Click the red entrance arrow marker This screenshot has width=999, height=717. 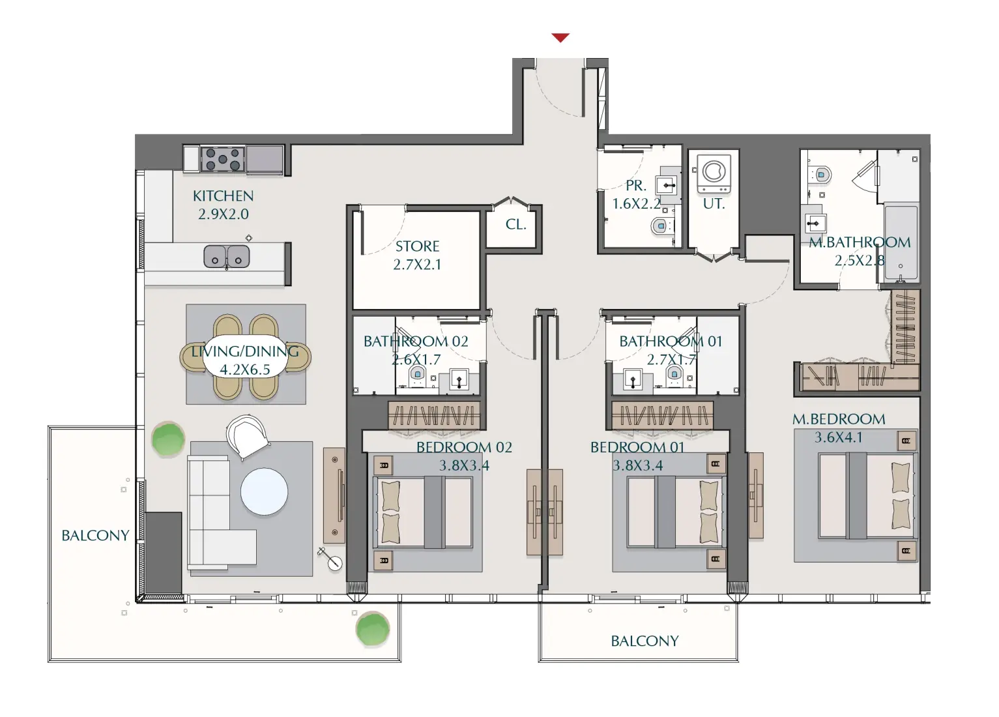(x=560, y=38)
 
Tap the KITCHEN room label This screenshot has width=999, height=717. (x=223, y=196)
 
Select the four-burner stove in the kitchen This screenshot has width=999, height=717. (x=223, y=159)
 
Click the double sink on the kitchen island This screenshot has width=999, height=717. (x=226, y=257)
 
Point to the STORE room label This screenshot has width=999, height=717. (x=417, y=246)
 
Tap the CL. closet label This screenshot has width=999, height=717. (x=515, y=224)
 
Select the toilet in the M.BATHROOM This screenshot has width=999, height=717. (x=822, y=175)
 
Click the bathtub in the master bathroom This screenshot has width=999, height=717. (x=901, y=242)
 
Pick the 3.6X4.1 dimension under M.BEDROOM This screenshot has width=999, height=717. (x=838, y=437)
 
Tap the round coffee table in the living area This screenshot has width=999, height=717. (x=264, y=491)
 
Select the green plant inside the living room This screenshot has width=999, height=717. (x=168, y=439)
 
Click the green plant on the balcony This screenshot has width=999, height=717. (x=373, y=629)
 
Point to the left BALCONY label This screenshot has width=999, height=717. (x=95, y=535)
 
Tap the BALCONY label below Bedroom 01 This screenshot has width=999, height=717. (x=644, y=641)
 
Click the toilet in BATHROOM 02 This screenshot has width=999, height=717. (x=417, y=374)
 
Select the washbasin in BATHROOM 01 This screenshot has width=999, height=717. (x=633, y=379)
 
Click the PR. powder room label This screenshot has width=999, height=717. (x=635, y=185)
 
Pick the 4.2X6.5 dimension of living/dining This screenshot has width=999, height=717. (x=244, y=370)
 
